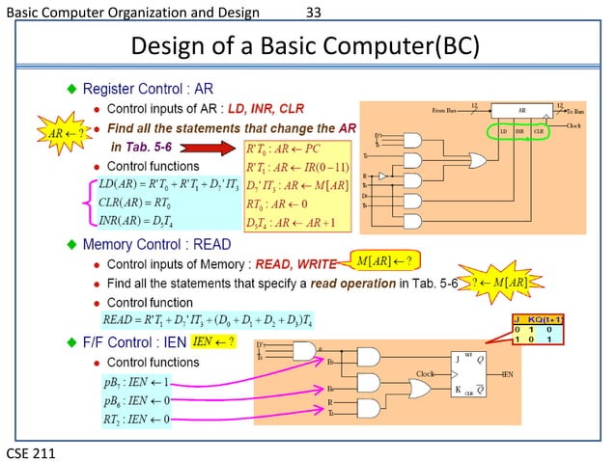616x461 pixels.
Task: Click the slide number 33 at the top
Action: (313, 13)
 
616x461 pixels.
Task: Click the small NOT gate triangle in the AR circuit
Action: (383, 176)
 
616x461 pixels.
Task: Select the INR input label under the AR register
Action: (518, 129)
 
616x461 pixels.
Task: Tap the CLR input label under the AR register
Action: (539, 129)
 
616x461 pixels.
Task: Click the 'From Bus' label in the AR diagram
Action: (449, 112)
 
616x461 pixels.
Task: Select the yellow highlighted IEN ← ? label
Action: (213, 341)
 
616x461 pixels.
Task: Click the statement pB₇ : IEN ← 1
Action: (135, 384)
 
